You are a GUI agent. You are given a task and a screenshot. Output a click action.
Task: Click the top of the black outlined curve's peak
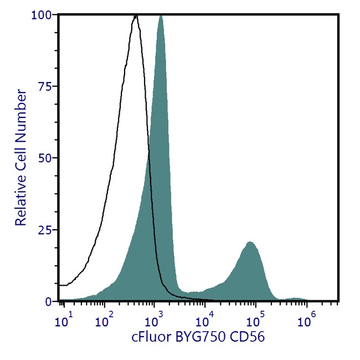pos(135,16)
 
